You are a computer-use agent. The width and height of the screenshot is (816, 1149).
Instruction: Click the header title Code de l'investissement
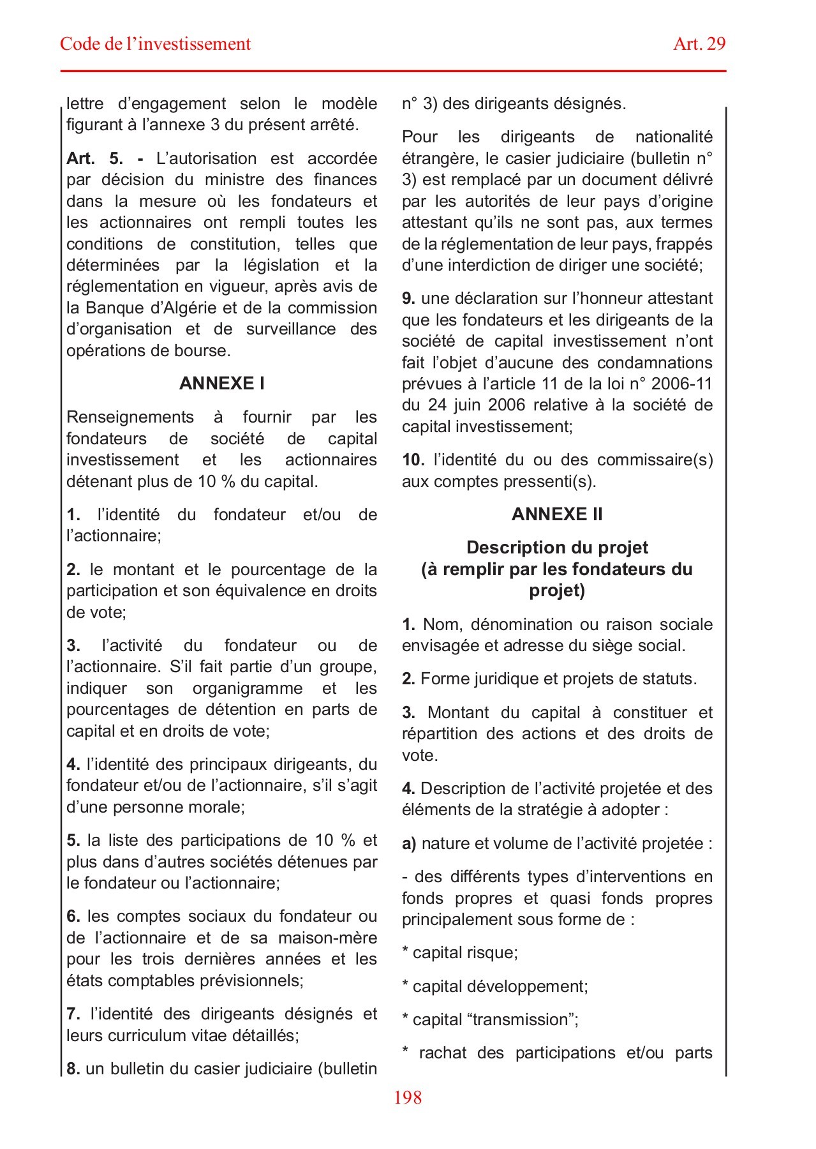(155, 44)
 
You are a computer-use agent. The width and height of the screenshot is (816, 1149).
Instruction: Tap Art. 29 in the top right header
(699, 44)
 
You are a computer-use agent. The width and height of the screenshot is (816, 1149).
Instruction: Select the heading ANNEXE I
(221, 383)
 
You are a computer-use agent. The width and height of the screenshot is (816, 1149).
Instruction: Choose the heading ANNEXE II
(556, 514)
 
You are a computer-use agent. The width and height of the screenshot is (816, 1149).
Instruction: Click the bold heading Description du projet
(556, 548)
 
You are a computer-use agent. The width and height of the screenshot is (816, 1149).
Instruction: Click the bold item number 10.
(413, 460)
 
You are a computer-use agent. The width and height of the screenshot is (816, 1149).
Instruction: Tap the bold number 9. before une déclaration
(408, 298)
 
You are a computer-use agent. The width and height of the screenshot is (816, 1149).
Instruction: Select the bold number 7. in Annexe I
(73, 1014)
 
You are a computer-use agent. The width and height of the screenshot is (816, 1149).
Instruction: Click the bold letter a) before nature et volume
(409, 843)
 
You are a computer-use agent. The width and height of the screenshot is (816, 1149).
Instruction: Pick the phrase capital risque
(464, 952)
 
